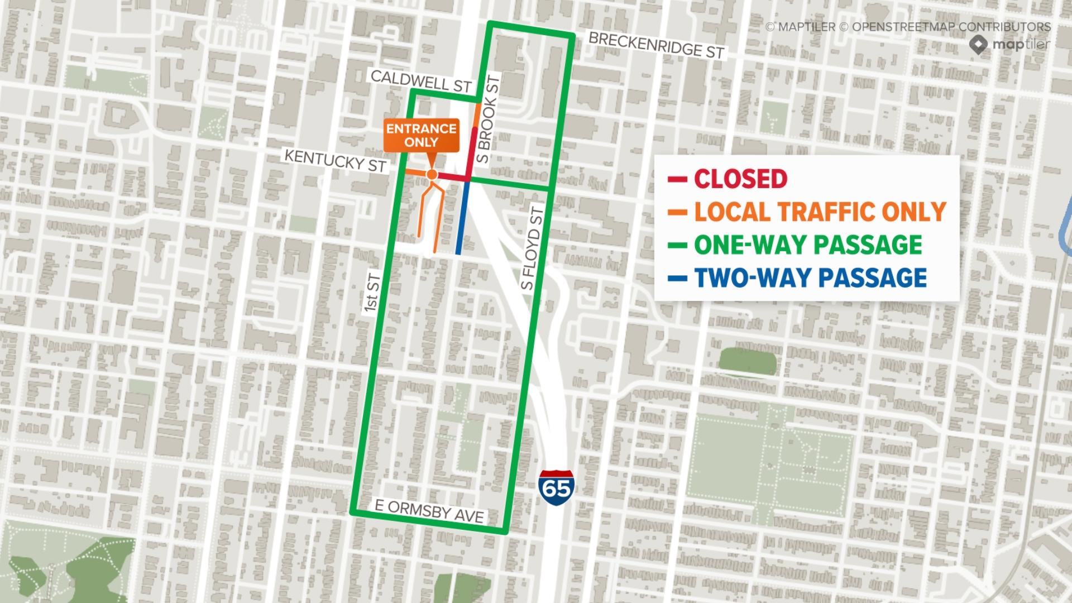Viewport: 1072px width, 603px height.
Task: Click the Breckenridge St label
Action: click(656, 45)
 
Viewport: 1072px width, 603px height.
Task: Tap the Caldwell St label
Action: click(421, 81)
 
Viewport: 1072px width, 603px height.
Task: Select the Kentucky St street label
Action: click(335, 160)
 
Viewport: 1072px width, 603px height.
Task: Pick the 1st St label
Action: click(372, 294)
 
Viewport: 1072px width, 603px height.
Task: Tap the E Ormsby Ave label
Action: click(429, 512)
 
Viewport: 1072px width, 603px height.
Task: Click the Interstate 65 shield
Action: click(557, 484)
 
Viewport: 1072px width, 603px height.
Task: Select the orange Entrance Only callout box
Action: click(422, 135)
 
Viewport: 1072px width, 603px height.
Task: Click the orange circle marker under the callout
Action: click(431, 175)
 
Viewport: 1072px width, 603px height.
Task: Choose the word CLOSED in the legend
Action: click(740, 179)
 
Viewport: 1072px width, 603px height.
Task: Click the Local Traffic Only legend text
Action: click(820, 212)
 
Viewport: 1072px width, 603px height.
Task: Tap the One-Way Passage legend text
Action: click(807, 245)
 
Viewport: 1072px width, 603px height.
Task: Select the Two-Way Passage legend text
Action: click(810, 277)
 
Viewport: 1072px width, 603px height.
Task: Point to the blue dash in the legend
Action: click(677, 278)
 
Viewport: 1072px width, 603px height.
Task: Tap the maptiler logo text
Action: click(1021, 44)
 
